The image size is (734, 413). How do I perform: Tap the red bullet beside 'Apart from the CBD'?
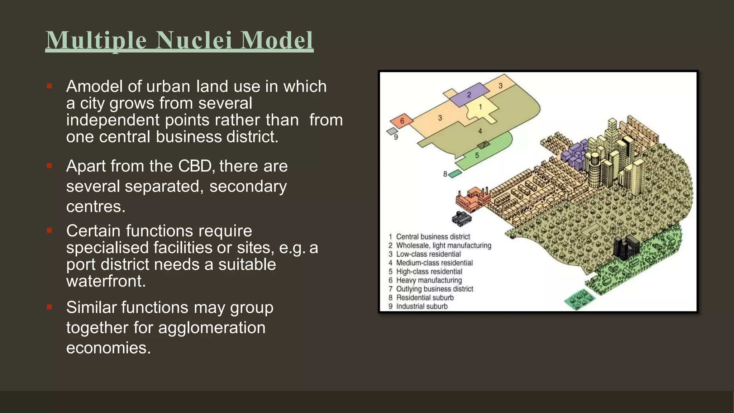tap(49, 166)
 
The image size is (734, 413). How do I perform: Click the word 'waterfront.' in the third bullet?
tap(106, 281)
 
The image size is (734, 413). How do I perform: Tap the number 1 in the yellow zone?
tap(480, 107)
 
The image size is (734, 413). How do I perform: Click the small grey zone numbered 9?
tap(392, 132)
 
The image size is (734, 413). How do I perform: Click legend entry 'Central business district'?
tap(433, 237)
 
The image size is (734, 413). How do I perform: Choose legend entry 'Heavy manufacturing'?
tap(429, 280)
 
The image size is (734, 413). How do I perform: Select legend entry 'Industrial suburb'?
tap(421, 307)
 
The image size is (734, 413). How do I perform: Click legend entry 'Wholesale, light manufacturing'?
tap(443, 246)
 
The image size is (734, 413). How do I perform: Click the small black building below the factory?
tap(462, 218)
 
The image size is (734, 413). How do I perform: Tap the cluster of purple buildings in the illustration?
tap(574, 156)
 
